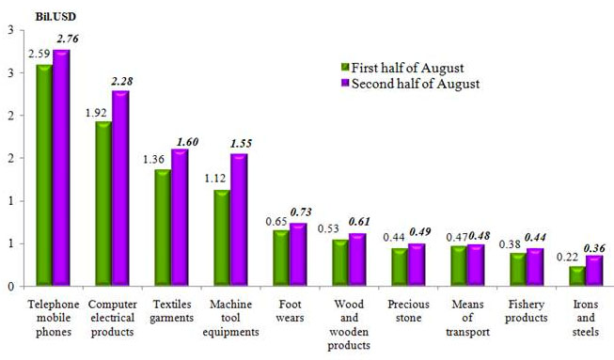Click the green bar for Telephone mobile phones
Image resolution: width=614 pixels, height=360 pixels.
43,175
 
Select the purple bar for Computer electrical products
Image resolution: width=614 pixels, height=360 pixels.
120,188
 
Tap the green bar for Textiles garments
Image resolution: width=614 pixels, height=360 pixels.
163,227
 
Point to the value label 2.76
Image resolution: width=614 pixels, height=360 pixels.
68,38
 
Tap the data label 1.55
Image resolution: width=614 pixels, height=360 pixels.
241,143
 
